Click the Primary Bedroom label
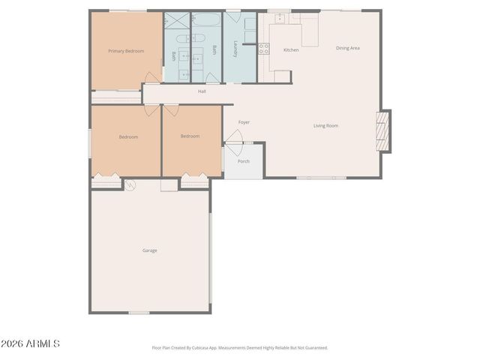click(x=125, y=51)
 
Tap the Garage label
click(x=150, y=250)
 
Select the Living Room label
click(x=325, y=126)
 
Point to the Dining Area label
click(x=348, y=48)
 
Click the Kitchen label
click(x=291, y=50)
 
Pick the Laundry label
click(x=235, y=48)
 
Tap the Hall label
click(x=202, y=91)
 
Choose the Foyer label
click(x=244, y=122)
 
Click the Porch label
click(x=244, y=161)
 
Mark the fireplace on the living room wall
click(x=383, y=131)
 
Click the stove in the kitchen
click(x=264, y=49)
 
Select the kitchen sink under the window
click(x=280, y=18)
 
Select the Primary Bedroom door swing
click(x=152, y=77)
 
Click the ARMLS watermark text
click(x=31, y=343)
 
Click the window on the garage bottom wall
click(x=139, y=312)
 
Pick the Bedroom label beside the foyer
click(x=190, y=136)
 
